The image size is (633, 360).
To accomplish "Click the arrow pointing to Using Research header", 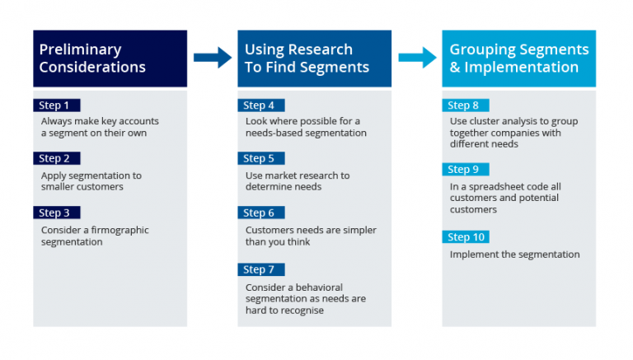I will [x=213, y=58].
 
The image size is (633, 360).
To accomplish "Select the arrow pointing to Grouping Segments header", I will [x=417, y=58].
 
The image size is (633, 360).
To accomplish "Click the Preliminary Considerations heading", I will [x=92, y=58].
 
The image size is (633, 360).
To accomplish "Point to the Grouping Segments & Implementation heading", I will [x=519, y=58].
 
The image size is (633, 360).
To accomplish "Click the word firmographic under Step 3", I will [x=118, y=230].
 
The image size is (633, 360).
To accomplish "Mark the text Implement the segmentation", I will [x=514, y=255].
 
